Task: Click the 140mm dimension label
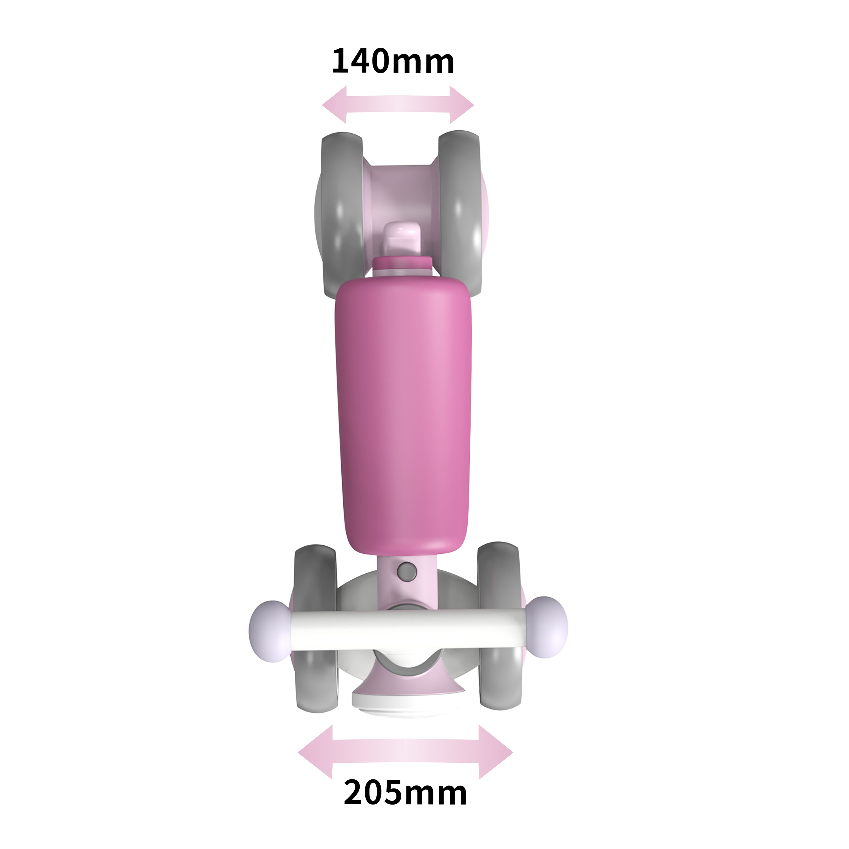coord(393,61)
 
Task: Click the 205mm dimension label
coord(405,793)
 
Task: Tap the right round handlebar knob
coord(547,627)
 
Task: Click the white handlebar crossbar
coord(406,629)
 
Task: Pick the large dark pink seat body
coord(403,413)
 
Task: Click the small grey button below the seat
coord(407,571)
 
